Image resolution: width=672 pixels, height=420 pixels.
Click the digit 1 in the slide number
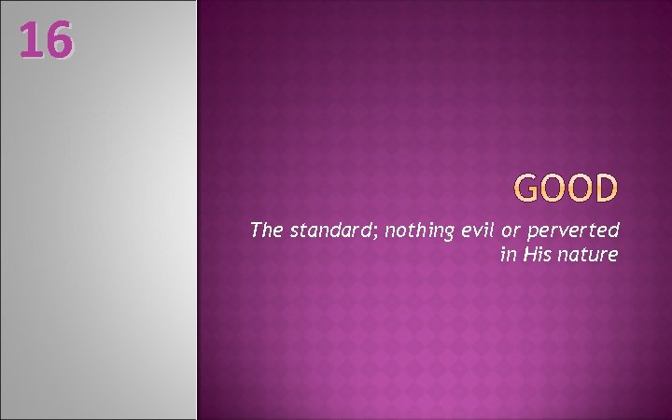[x=29, y=40]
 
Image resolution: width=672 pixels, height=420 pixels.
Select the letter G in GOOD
[x=528, y=189]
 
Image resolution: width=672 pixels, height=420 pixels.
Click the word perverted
[x=580, y=231]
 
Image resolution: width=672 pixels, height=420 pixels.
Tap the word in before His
[x=508, y=253]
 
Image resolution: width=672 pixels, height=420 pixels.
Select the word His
[x=536, y=253]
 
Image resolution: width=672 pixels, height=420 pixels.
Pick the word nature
[x=589, y=254]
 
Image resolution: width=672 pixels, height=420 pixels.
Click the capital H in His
[x=528, y=253]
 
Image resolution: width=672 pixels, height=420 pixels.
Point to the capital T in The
[x=255, y=230]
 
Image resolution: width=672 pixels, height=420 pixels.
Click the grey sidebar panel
[x=98, y=233]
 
